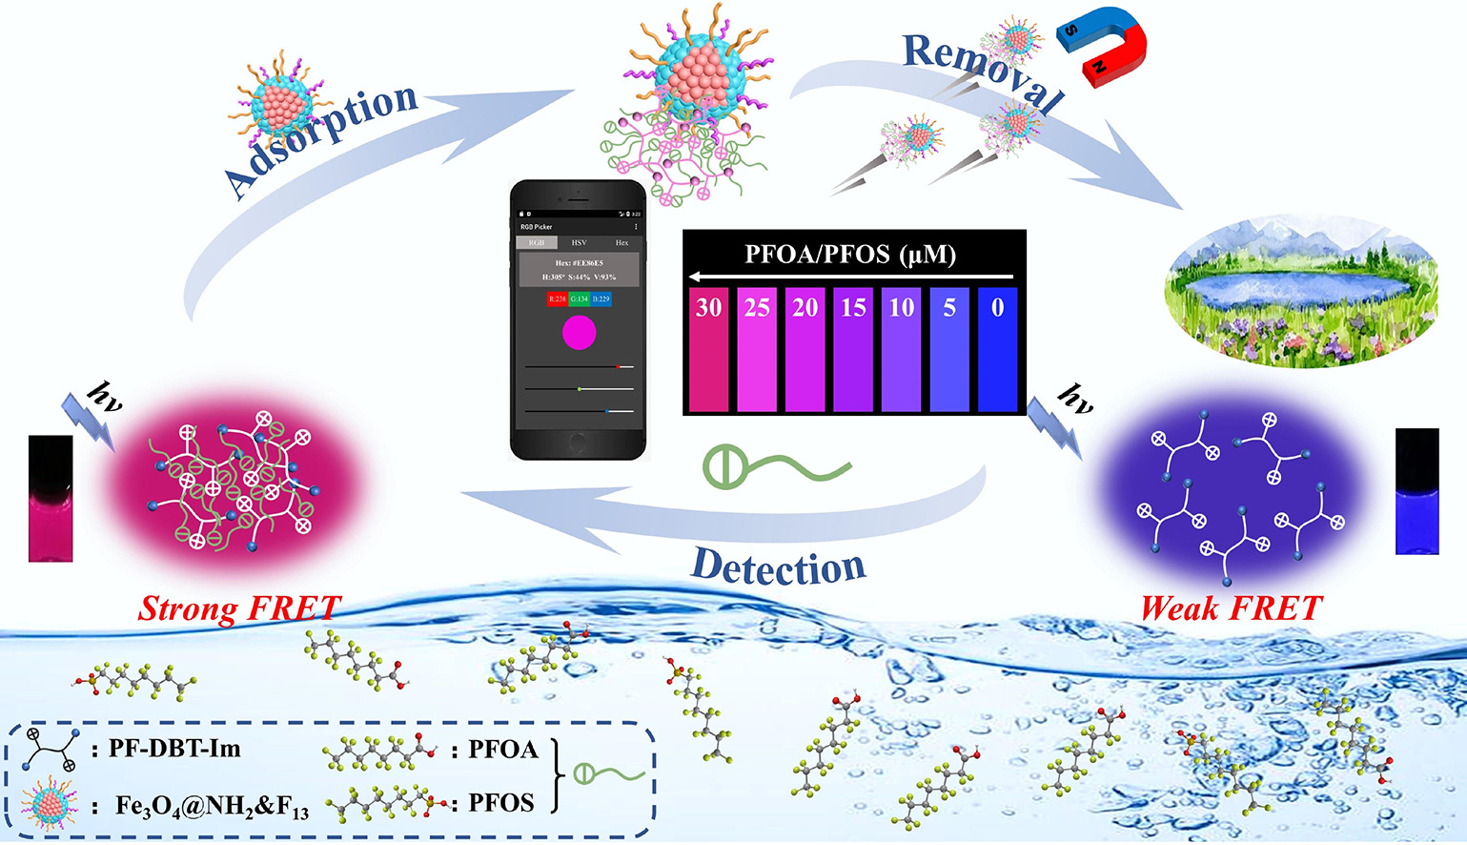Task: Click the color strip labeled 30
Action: [x=708, y=349]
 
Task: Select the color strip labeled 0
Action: [x=997, y=349]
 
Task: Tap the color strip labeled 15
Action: [x=853, y=349]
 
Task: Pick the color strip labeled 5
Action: [x=949, y=349]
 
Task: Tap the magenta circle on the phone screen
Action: [x=580, y=333]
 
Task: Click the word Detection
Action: [x=779, y=567]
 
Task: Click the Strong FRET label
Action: [x=239, y=608]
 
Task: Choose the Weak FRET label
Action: [x=1232, y=608]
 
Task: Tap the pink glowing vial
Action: [x=51, y=498]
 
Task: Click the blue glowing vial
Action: [x=1416, y=491]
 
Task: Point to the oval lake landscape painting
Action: [x=1301, y=291]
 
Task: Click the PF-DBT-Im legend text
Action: [x=174, y=749]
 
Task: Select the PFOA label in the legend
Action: [x=503, y=750]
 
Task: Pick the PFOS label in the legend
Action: [x=500, y=803]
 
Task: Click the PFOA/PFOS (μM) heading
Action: [x=850, y=255]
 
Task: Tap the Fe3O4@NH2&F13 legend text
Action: [x=212, y=807]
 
